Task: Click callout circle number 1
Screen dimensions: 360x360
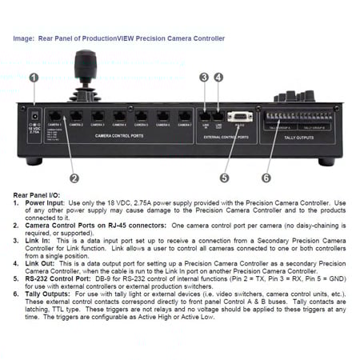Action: [34, 78]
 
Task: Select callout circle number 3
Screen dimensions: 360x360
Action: [204, 78]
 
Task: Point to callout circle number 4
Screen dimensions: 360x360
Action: [218, 78]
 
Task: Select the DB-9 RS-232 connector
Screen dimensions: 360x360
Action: [239, 118]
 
